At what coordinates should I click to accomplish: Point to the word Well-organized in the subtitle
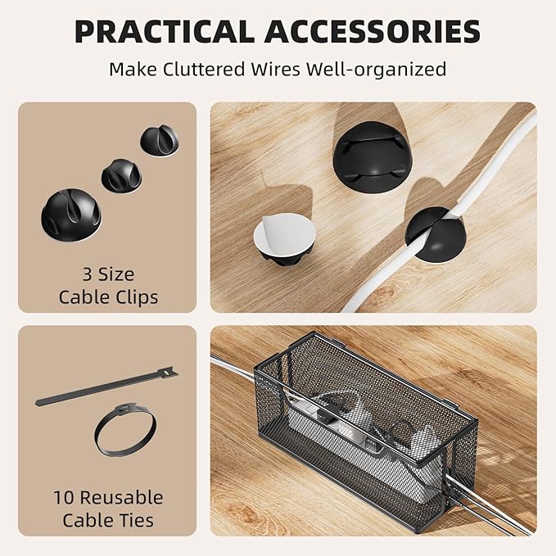[x=376, y=69]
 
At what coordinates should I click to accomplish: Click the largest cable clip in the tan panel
[x=70, y=215]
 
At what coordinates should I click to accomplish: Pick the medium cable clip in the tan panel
[x=121, y=174]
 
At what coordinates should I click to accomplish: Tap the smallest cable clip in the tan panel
[x=159, y=140]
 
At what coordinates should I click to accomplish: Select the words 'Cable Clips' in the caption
[x=107, y=296]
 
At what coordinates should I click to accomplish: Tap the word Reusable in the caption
[x=124, y=497]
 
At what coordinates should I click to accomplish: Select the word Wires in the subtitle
[x=271, y=69]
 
